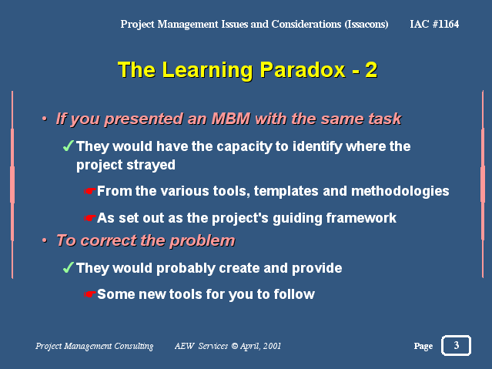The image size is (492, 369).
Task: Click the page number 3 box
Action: click(456, 345)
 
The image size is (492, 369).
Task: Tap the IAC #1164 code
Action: click(434, 24)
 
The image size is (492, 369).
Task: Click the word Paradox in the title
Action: click(303, 69)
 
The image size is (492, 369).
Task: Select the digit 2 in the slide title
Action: click(371, 70)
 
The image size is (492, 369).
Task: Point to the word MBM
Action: click(231, 119)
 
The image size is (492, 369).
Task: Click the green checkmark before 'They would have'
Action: click(68, 146)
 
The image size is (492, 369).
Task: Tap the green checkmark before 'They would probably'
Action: click(68, 267)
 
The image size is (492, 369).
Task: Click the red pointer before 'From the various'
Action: click(89, 191)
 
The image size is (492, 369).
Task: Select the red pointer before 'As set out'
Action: click(89, 218)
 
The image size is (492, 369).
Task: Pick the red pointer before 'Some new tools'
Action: click(89, 294)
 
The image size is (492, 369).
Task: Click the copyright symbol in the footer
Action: click(234, 346)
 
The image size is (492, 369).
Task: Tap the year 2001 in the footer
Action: click(272, 346)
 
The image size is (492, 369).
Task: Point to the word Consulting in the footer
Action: click(134, 346)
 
